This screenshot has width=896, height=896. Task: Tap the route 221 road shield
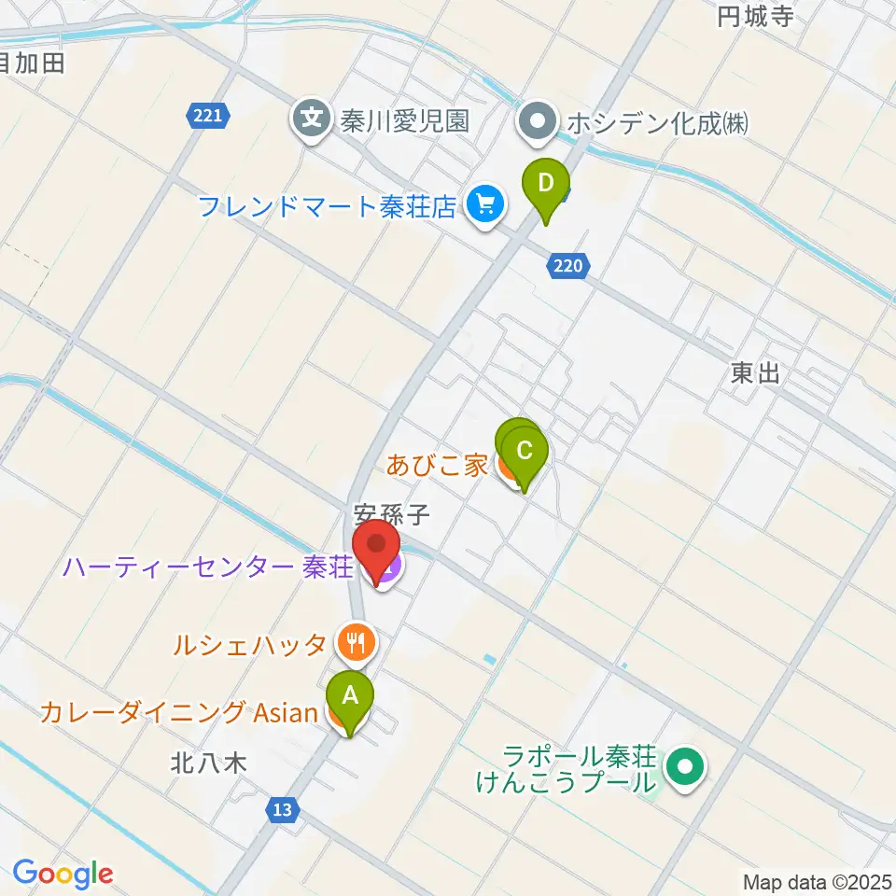207,117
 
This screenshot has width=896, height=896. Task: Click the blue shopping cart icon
484,203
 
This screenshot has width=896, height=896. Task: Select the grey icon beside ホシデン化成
539,121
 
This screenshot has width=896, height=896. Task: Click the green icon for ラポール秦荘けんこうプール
686,768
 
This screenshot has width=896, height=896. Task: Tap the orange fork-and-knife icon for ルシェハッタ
356,642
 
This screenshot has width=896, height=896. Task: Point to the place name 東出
755,374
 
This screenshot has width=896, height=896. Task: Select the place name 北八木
208,763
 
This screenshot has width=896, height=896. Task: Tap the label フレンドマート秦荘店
328,205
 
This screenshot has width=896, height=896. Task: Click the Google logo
63,875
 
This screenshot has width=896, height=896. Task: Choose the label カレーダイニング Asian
179,714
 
